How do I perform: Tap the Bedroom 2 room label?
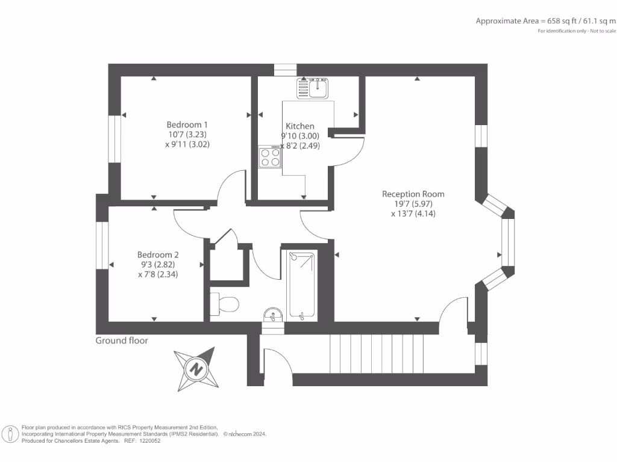coord(158,254)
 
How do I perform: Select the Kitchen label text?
coord(299,126)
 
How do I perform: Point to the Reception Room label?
coord(413,194)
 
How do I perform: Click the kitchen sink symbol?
coord(312,88)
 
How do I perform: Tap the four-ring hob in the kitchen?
coord(271,158)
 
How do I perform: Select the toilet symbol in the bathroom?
coord(225,303)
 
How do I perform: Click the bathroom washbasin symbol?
coord(273,315)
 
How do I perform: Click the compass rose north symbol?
coord(195,369)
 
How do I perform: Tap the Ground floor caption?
coord(122,340)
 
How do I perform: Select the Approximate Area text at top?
coord(546,21)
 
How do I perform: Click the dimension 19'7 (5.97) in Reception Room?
coord(413,204)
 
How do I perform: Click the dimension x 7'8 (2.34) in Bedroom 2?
coord(158,274)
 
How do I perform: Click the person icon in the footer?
coord(10,434)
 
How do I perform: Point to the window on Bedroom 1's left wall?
coord(114,138)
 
